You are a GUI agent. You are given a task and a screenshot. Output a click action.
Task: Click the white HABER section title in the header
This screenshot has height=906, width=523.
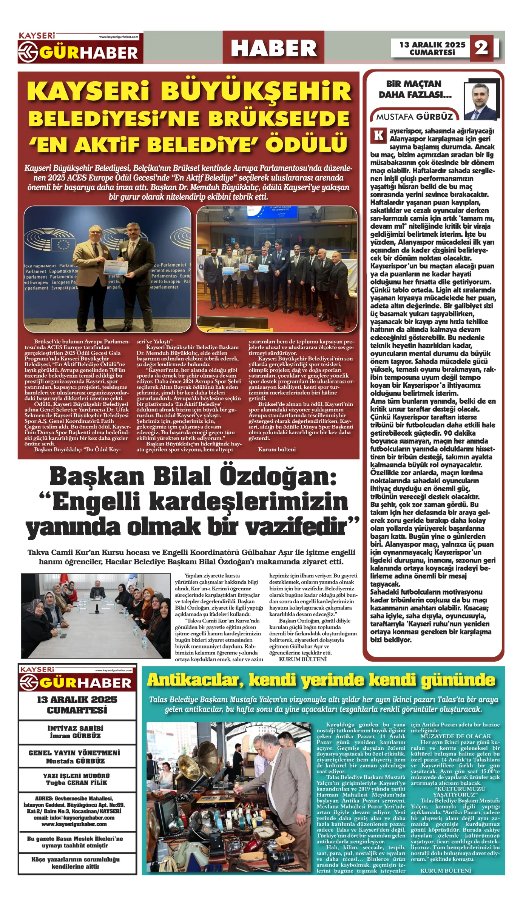click(x=273, y=48)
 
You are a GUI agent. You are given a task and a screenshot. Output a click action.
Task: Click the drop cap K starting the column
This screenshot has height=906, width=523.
click(x=378, y=135)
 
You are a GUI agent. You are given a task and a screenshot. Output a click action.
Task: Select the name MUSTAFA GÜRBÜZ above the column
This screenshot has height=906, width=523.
click(x=414, y=117)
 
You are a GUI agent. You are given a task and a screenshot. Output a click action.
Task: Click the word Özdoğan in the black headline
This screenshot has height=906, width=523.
click(x=278, y=476)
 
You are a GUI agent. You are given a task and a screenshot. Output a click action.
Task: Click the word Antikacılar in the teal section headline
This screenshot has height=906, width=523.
click(x=193, y=680)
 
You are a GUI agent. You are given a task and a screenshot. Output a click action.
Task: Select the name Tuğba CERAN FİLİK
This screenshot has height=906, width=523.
click(x=76, y=783)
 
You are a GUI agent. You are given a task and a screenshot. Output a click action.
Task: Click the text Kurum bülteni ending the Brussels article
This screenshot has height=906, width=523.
click(x=277, y=449)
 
